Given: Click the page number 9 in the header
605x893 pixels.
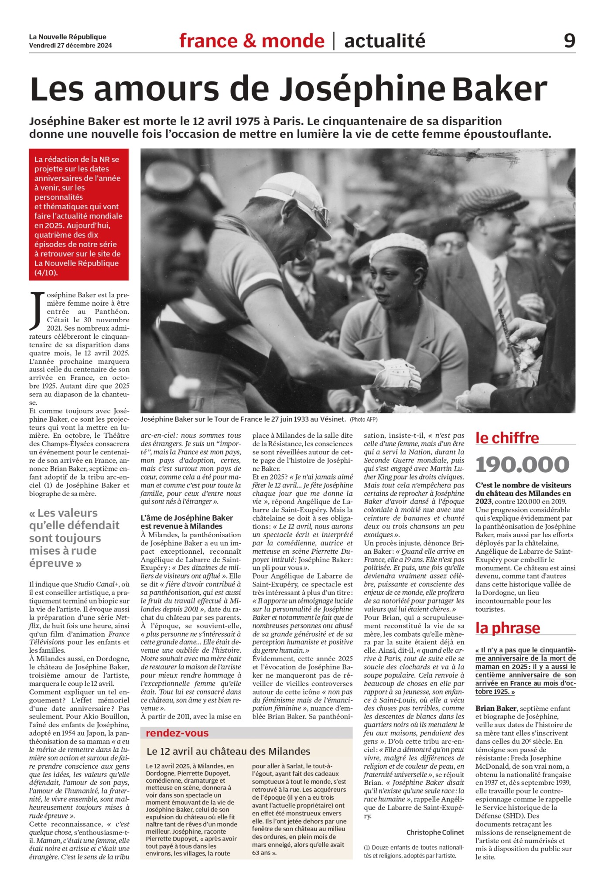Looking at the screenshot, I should pyautogui.click(x=569, y=41).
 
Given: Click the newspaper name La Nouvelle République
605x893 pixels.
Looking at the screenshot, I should pyautogui.click(x=68, y=37).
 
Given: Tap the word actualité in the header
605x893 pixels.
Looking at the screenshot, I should pyautogui.click(x=385, y=41).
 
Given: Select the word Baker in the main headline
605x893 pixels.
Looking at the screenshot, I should pyautogui.click(x=499, y=89).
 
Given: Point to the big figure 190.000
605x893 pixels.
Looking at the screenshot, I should pyautogui.click(x=522, y=464).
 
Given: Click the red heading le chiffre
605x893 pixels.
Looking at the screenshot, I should pyautogui.click(x=507, y=438).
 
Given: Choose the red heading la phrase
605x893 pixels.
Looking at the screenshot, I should pyautogui.click(x=507, y=628).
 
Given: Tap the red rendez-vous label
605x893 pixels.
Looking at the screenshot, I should pyautogui.click(x=177, y=733).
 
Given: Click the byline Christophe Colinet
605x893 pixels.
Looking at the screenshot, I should pyautogui.click(x=435, y=832).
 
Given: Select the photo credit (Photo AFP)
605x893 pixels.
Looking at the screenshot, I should pyautogui.click(x=363, y=419).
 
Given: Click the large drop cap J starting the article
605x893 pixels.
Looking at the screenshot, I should pyautogui.click(x=37, y=310).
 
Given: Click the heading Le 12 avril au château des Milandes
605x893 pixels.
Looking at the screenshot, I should pyautogui.click(x=228, y=751).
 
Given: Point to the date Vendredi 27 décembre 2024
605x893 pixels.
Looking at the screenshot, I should pyautogui.click(x=71, y=45).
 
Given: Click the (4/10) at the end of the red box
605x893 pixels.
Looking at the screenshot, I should pyautogui.click(x=46, y=273).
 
